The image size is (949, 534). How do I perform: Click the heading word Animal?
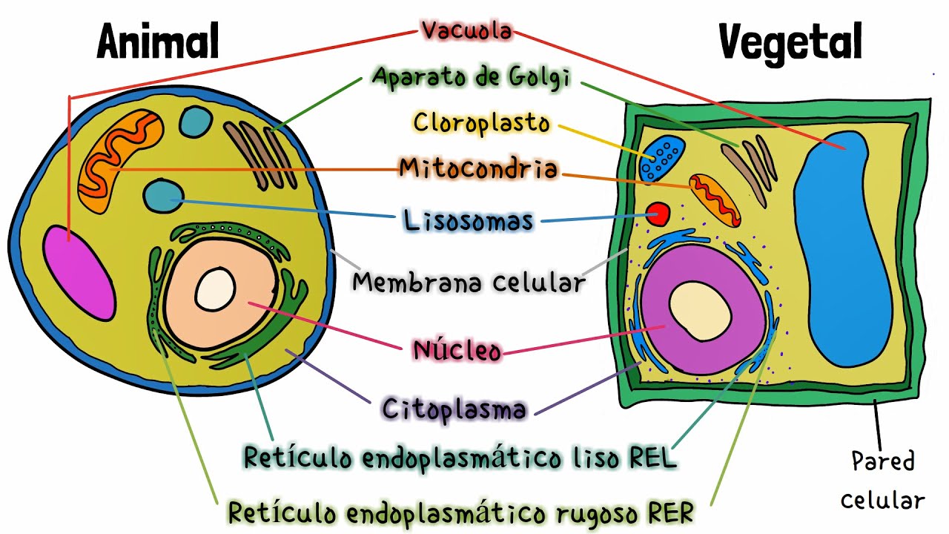[x=158, y=42]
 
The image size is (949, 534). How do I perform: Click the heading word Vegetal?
[x=790, y=43]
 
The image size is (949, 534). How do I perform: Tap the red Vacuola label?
[x=466, y=31]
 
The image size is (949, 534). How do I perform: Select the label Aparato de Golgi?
[x=472, y=77]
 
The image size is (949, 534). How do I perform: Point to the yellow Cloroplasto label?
[x=482, y=122]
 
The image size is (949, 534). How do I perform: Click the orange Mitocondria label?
[x=478, y=168]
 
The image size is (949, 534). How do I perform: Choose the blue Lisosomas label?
[x=469, y=220]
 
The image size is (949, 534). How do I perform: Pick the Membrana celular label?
[x=469, y=283]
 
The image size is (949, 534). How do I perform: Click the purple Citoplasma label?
[x=454, y=409]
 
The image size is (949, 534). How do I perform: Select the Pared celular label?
[x=882, y=481]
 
